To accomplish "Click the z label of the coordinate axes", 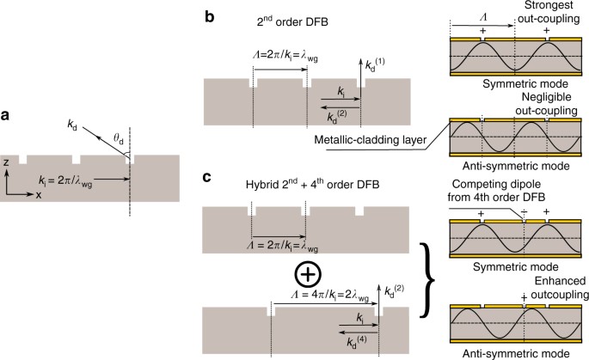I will (7, 162).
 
